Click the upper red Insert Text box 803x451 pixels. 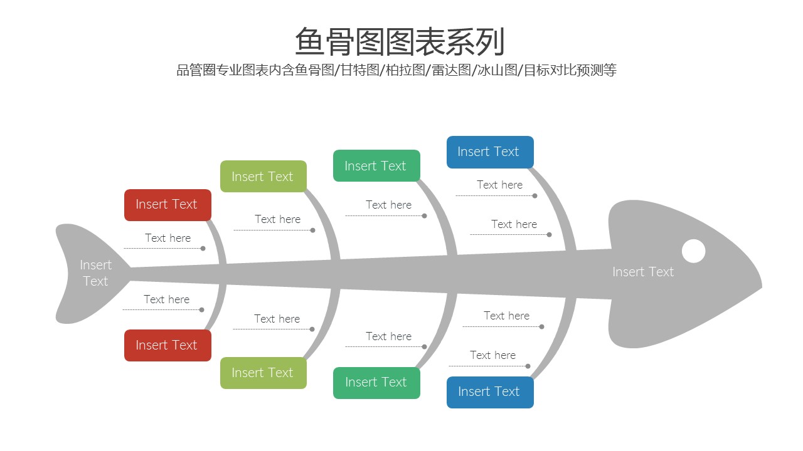click(x=168, y=205)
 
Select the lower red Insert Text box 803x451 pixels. click(x=168, y=345)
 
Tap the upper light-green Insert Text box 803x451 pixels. click(x=263, y=177)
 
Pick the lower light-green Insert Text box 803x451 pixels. click(x=263, y=373)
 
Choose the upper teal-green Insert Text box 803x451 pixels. click(x=376, y=166)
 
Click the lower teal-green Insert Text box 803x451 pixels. click(x=376, y=382)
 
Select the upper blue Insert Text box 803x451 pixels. click(x=490, y=152)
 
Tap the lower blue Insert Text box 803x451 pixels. click(x=490, y=392)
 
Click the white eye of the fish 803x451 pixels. click(x=693, y=251)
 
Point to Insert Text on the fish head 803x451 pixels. click(x=643, y=272)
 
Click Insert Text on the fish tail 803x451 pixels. click(x=96, y=273)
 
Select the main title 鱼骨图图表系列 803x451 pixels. click(x=400, y=42)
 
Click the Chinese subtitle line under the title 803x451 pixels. click(x=396, y=70)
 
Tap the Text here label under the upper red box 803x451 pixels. click(x=168, y=238)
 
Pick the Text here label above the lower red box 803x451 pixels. click(x=166, y=299)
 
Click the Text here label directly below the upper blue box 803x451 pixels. click(x=499, y=185)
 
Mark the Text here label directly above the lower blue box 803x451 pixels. click(x=492, y=355)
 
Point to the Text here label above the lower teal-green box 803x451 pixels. click(x=388, y=336)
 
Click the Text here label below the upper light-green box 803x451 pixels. click(x=277, y=219)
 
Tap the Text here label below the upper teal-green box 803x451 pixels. click(x=388, y=205)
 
